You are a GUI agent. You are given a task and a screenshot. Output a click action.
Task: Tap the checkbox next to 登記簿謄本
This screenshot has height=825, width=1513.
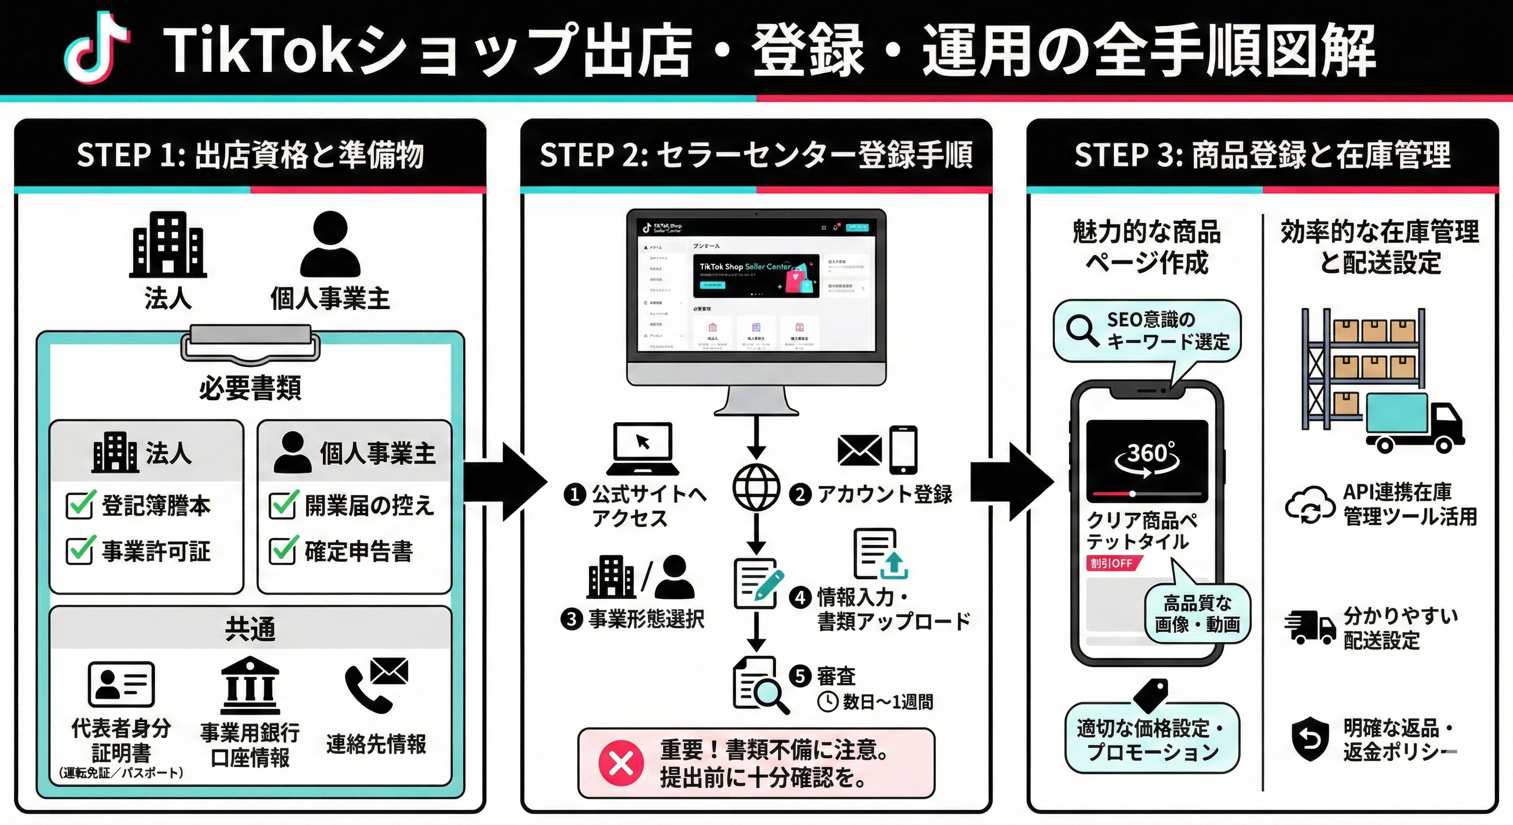[x=80, y=505]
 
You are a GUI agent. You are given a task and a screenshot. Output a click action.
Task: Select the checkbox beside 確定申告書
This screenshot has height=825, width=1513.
[x=283, y=551]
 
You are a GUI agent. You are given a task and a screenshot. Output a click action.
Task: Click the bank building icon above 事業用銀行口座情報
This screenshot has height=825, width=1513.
[x=250, y=685]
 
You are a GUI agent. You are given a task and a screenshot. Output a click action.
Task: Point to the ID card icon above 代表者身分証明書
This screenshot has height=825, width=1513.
[x=121, y=684]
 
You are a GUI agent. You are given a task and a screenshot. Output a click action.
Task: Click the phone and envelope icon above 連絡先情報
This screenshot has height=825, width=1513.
[x=376, y=684]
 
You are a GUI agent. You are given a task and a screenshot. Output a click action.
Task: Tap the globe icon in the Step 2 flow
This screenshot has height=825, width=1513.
[x=756, y=487]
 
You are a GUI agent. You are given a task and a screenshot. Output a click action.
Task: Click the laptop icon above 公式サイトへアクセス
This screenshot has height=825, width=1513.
[x=643, y=449]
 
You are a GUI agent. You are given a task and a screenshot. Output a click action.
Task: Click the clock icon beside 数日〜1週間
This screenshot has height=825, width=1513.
[x=827, y=701]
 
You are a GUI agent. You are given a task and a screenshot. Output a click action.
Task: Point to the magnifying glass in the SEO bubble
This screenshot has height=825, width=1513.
[x=1082, y=330]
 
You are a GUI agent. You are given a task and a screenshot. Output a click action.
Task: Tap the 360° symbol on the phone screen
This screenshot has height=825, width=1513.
[x=1147, y=455]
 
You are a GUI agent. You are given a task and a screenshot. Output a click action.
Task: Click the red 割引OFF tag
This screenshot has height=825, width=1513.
[x=1112, y=563]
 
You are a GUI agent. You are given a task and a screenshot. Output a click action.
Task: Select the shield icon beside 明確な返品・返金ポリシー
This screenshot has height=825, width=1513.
[x=1310, y=739]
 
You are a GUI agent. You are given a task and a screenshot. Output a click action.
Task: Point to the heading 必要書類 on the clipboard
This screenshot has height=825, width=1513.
[x=250, y=388]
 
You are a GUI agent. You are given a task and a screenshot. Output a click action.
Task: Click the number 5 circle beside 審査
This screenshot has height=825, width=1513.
[x=799, y=676]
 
